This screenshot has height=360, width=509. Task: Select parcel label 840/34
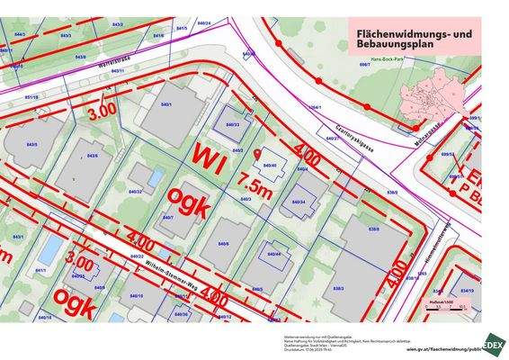click(297, 202)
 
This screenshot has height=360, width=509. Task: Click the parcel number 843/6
click(92, 156)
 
